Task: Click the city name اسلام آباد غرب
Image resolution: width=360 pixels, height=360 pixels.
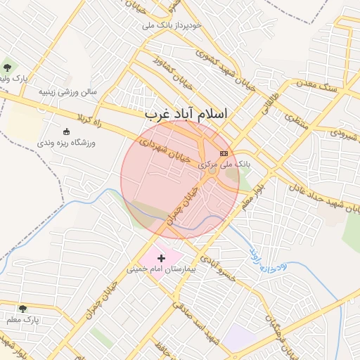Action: click(x=186, y=113)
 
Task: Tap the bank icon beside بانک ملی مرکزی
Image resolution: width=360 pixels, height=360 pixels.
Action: click(x=224, y=153)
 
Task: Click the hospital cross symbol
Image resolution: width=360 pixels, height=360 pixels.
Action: click(x=161, y=259)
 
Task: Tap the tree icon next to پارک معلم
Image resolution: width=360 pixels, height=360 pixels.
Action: click(x=22, y=309)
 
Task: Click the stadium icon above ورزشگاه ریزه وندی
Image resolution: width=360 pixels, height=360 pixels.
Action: click(x=67, y=131)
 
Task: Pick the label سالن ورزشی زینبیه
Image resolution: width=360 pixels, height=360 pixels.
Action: click(x=67, y=91)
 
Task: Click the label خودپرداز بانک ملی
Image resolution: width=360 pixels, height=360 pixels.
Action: click(x=172, y=25)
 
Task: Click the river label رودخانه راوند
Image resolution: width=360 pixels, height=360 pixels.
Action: click(x=266, y=257)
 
